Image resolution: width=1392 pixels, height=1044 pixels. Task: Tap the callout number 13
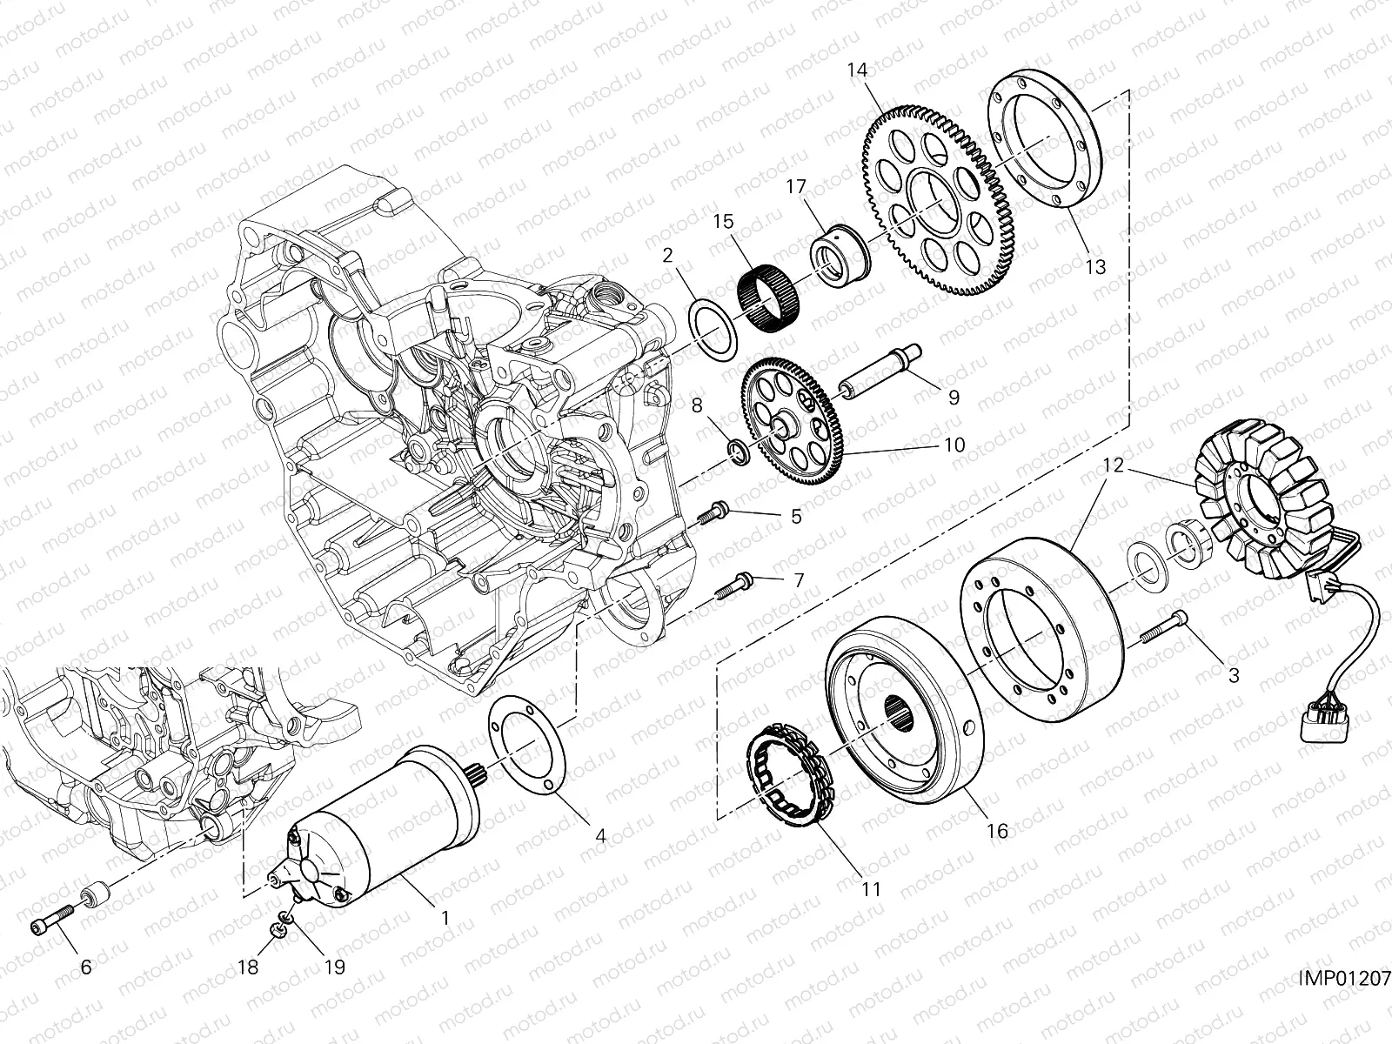click(1095, 266)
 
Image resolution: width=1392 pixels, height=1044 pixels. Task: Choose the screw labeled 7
click(730, 586)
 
